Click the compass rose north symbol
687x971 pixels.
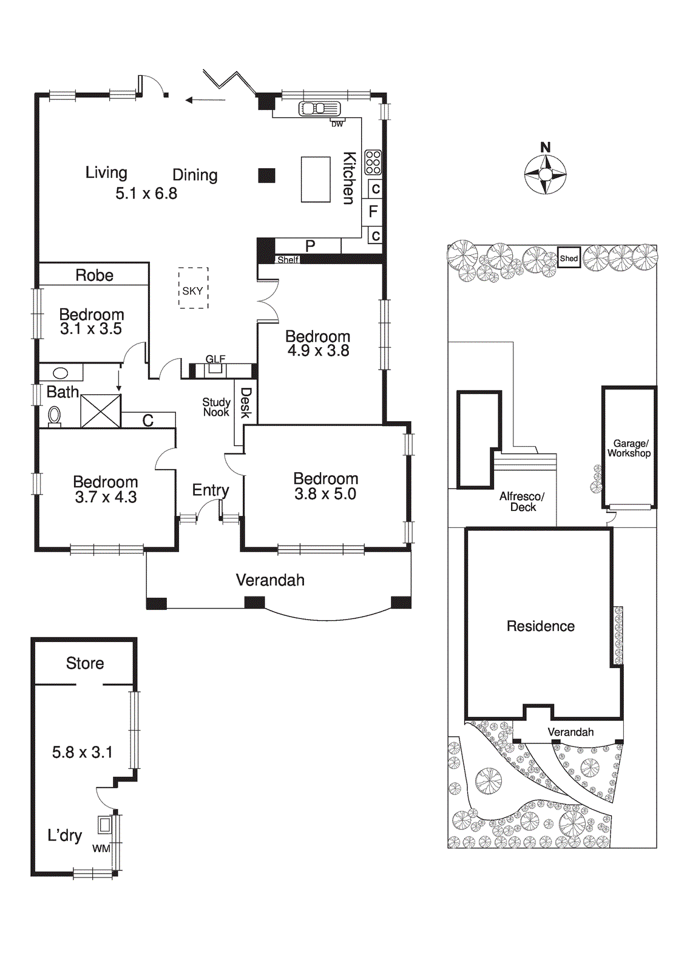pyautogui.click(x=545, y=174)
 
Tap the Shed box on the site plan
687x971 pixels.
pyautogui.click(x=569, y=258)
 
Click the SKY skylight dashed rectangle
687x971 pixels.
pyautogui.click(x=193, y=289)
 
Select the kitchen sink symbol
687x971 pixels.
pyautogui.click(x=319, y=109)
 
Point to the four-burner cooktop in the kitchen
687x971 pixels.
pyautogui.click(x=373, y=162)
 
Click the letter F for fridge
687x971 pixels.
pyautogui.click(x=373, y=211)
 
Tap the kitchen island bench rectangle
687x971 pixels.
pyautogui.click(x=316, y=179)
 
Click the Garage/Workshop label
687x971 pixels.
pyautogui.click(x=629, y=448)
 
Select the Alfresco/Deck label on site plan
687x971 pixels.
pyautogui.click(x=522, y=502)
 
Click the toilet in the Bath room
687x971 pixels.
pyautogui.click(x=54, y=416)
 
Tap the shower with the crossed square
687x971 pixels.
pyautogui.click(x=101, y=411)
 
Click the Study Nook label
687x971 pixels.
pyautogui.click(x=216, y=407)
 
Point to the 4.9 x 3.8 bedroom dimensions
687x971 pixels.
pyautogui.click(x=318, y=351)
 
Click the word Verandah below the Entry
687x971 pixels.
pyautogui.click(x=270, y=580)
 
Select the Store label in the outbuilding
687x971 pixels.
pyautogui.click(x=85, y=663)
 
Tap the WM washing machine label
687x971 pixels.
pyautogui.click(x=101, y=848)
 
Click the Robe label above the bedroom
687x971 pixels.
pyautogui.click(x=94, y=275)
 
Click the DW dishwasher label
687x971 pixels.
pyautogui.click(x=337, y=124)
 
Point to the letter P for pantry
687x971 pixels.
pyautogui.click(x=310, y=246)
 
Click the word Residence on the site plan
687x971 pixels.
pyautogui.click(x=540, y=626)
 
